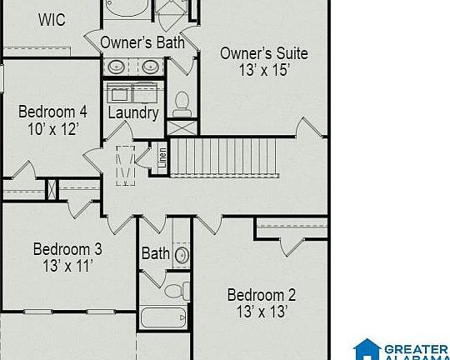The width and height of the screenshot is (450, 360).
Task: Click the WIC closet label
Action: pos(52,20)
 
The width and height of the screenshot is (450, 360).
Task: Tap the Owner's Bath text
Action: pos(142,42)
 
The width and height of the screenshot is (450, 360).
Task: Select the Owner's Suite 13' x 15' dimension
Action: pos(264,70)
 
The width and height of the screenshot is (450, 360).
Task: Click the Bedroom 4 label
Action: pos(52,112)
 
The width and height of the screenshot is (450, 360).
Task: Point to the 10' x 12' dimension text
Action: pos(53,129)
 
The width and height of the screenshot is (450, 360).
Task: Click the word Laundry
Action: pos(133,112)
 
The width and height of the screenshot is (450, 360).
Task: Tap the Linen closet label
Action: pos(162,157)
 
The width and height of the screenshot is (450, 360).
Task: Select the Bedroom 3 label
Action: pos(67,249)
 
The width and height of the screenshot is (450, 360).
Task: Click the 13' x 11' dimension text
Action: pos(68,266)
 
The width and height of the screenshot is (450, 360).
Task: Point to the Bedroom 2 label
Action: pos(262,295)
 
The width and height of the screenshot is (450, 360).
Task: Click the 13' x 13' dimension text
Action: pos(262,312)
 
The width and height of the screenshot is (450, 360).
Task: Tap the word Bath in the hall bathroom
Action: pos(156,253)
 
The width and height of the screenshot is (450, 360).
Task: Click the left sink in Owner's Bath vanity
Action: pos(116,67)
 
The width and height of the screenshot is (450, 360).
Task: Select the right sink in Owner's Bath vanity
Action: pos(150,67)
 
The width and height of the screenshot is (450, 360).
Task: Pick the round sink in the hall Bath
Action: pos(182,255)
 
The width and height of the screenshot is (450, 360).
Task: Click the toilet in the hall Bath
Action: pos(177,291)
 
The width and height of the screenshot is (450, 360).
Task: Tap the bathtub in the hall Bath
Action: pos(163,317)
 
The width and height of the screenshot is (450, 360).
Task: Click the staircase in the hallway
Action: pos(224,157)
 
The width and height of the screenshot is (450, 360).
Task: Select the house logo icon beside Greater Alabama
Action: pos(367,349)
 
